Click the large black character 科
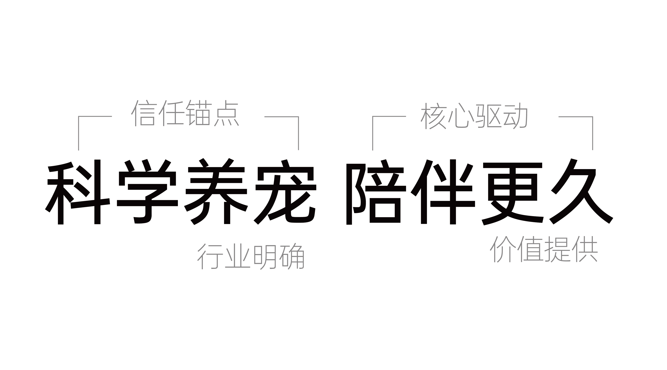click(x=78, y=192)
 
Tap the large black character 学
click(x=148, y=192)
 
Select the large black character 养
click(x=216, y=192)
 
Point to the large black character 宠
click(x=285, y=192)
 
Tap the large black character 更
click(x=513, y=192)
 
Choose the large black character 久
click(x=581, y=192)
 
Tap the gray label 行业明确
click(x=251, y=257)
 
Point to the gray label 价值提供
click(x=543, y=249)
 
